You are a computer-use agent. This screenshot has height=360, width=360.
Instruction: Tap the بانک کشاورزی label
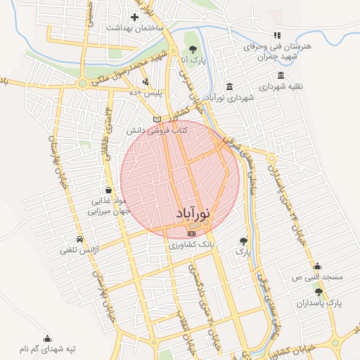click(191, 246)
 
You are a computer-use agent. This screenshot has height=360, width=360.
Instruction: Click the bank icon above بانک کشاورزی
click(191, 233)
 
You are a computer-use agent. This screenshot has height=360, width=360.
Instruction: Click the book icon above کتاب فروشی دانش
click(157, 119)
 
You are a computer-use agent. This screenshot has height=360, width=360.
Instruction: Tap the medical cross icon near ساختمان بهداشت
click(134, 16)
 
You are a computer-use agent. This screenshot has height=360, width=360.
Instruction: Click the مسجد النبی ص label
click(318, 278)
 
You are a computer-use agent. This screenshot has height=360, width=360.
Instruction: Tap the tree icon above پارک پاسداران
click(319, 292)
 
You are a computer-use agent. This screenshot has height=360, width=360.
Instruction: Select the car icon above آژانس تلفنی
click(80, 238)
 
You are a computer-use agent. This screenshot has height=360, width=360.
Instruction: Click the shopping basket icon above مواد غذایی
click(108, 190)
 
